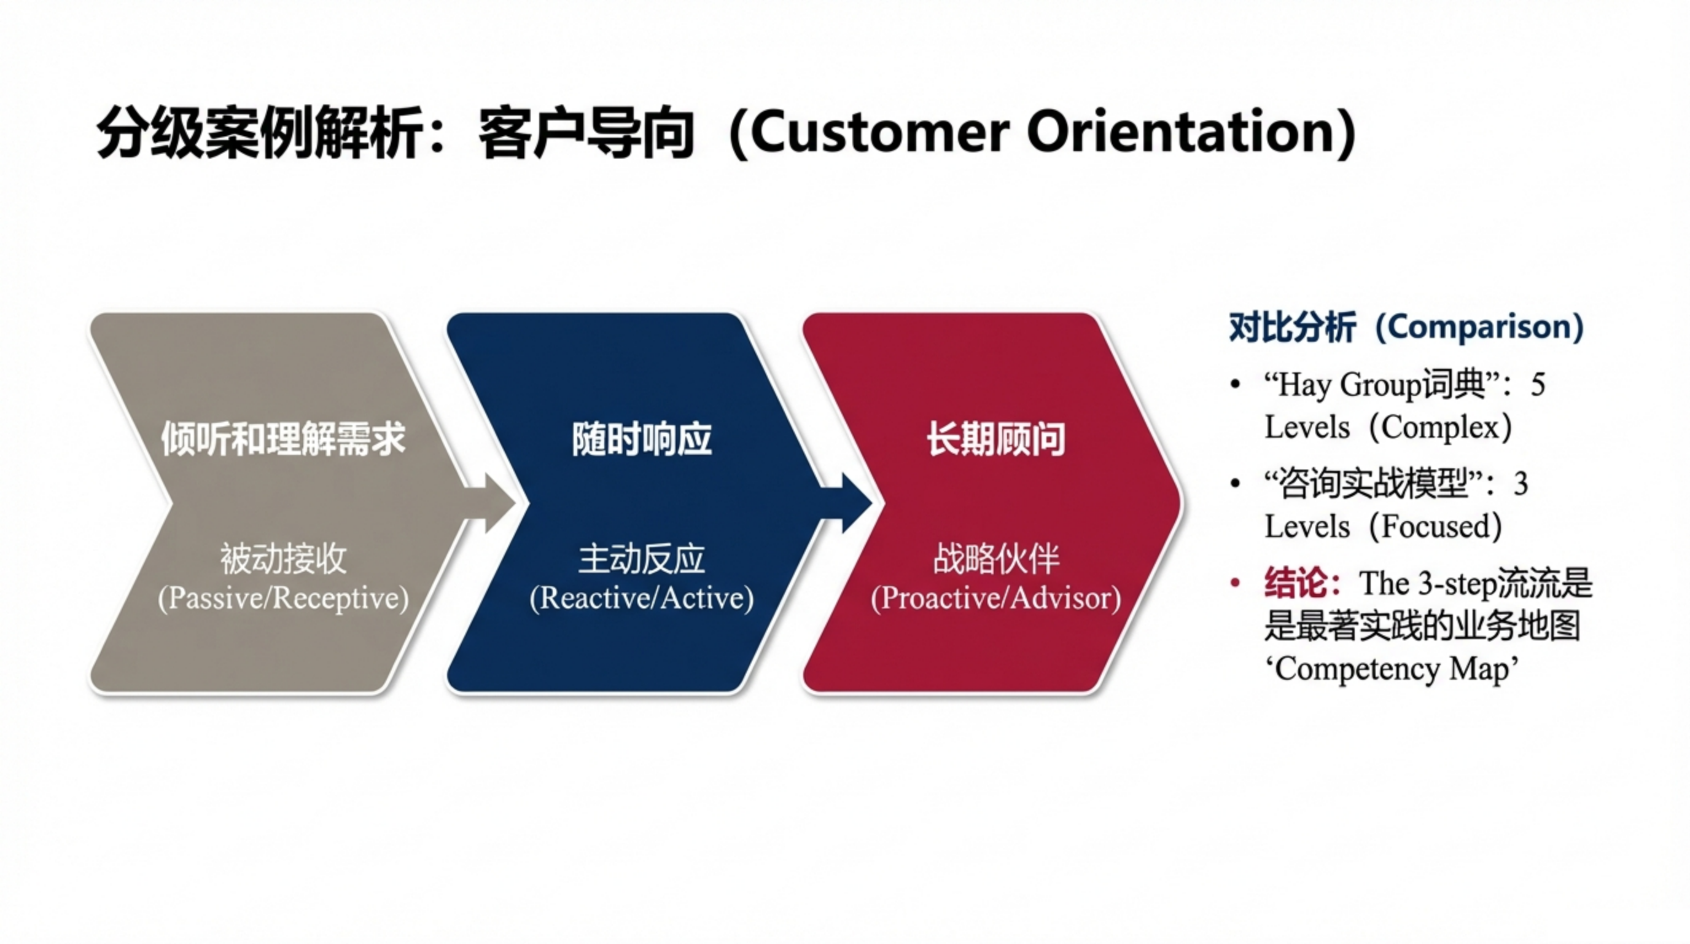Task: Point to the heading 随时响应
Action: pyautogui.click(x=641, y=439)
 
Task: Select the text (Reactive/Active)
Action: pyautogui.click(x=641, y=597)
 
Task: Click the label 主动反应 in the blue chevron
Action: pyautogui.click(x=641, y=559)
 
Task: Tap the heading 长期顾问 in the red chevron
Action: pyautogui.click(x=995, y=439)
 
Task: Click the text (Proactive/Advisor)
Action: pyautogui.click(x=995, y=597)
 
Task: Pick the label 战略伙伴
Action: pyautogui.click(x=995, y=559)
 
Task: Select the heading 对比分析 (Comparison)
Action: pyautogui.click(x=1406, y=327)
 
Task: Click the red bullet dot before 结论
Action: pyautogui.click(x=1236, y=582)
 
